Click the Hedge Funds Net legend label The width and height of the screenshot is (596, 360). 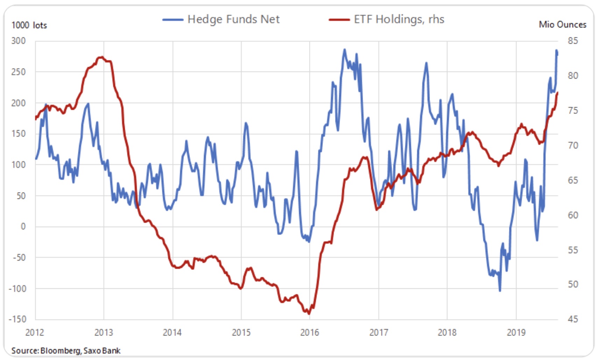click(233, 19)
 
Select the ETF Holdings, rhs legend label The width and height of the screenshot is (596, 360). click(399, 19)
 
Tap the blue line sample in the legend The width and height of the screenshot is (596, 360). click(173, 20)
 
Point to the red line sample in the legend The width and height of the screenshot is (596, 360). click(339, 20)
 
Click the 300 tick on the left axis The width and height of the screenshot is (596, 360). click(19, 41)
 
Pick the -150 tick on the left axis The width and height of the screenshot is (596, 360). click(17, 319)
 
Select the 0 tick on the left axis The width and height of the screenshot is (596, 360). click(23, 226)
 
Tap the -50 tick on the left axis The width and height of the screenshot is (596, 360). click(19, 258)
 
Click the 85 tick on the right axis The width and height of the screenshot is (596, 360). click(573, 41)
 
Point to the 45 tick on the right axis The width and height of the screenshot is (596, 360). click(573, 319)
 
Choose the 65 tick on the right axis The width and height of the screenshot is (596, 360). click(573, 180)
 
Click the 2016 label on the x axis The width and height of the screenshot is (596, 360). click(310, 332)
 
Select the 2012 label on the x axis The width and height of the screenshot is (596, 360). click(35, 332)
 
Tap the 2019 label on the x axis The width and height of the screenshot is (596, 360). click(516, 332)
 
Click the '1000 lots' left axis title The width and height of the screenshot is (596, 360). click(29, 25)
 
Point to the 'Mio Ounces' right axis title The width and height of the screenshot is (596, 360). click(562, 24)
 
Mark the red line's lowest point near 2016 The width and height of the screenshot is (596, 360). click(309, 314)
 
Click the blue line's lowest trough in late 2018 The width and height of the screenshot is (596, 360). click(500, 290)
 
